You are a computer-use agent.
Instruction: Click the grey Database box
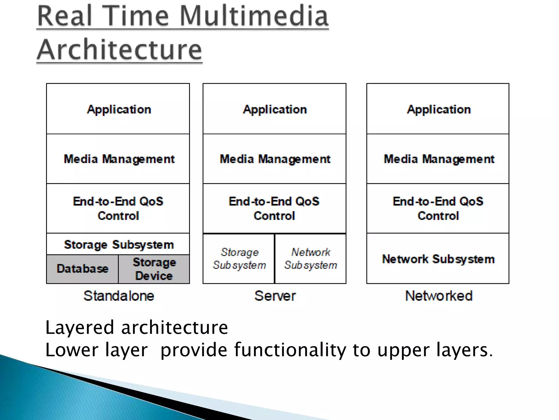82,269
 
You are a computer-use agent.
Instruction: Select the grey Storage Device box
154,269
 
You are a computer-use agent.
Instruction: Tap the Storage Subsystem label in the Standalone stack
118,244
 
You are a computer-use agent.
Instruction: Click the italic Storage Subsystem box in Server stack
239,259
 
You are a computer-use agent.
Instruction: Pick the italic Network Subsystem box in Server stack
311,259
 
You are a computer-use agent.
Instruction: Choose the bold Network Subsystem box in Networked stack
438,259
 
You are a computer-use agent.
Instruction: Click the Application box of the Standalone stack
118,109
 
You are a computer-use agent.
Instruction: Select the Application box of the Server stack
275,109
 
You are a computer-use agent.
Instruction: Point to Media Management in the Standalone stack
118,159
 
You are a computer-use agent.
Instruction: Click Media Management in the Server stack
275,159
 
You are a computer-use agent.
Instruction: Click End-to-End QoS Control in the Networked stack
438,208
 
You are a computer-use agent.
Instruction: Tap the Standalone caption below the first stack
119,296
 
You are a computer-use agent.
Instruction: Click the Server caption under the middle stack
275,296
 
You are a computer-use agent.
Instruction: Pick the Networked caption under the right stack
439,296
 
